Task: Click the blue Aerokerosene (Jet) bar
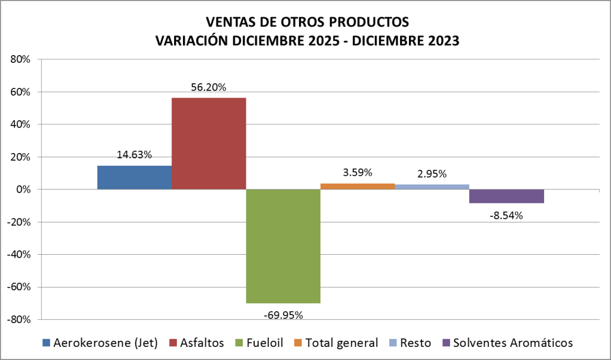134,178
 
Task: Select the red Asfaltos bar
209,144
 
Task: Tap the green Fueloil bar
283,246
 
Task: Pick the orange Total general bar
358,186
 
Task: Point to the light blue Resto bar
432,187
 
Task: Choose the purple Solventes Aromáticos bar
506,196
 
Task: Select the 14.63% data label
134,154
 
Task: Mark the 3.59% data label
358,173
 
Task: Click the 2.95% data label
432,174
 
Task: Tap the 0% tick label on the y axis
23,189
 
